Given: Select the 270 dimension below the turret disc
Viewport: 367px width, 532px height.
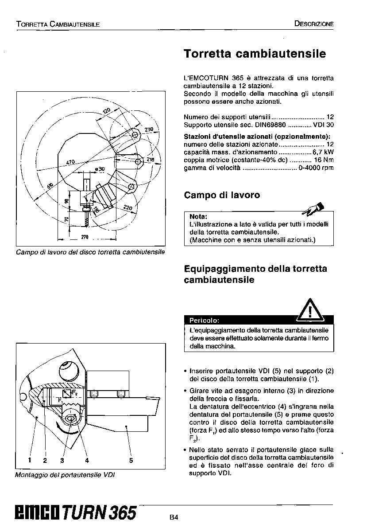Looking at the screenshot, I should click(85, 237).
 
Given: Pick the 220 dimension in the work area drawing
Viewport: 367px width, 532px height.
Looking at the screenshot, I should click(127, 207).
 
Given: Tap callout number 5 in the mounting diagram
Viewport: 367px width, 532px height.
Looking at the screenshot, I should click(131, 460).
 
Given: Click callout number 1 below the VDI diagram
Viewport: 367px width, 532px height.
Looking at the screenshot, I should click(29, 460).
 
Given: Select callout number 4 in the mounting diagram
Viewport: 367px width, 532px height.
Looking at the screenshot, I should click(87, 460).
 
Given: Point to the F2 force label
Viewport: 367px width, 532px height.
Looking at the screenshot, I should click(75, 393).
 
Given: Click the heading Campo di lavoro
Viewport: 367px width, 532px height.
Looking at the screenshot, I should click(222, 195).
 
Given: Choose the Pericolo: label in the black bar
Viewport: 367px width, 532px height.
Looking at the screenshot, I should click(204, 320).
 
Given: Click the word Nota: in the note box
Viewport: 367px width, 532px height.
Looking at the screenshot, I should click(198, 217).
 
